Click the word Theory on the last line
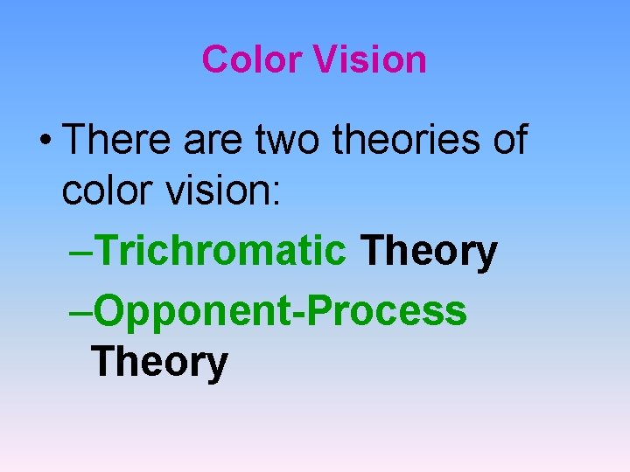(159, 363)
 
